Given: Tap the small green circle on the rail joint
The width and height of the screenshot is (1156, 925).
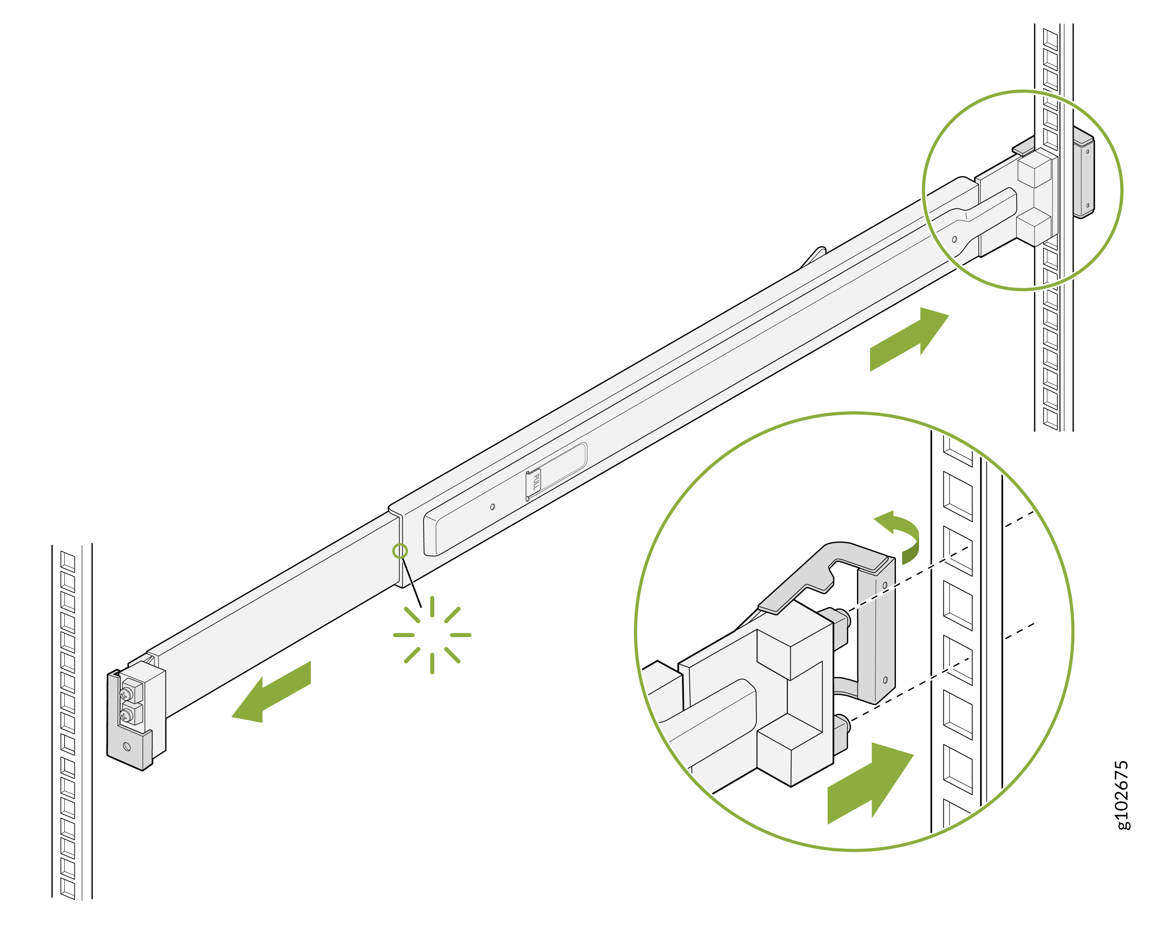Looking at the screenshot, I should pos(400,551).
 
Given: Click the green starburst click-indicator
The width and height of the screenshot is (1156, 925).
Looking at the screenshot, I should pos(432,635).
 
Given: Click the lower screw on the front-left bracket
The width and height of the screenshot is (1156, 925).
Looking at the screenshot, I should pos(126,715).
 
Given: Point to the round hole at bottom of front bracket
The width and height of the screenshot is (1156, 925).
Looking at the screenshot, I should pos(127,747).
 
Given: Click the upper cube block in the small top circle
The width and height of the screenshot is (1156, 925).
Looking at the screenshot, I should pos(1034,168).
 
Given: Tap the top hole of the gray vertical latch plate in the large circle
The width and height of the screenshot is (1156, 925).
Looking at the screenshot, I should pos(885,585).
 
